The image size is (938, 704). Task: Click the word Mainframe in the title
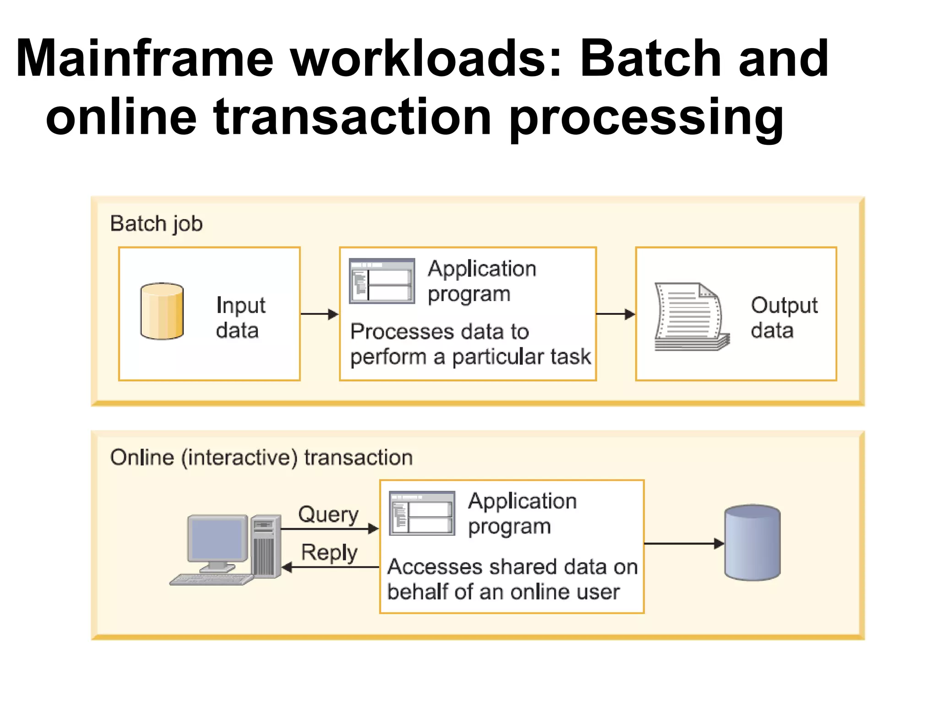[x=145, y=59]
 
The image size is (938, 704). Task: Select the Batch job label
[x=156, y=224]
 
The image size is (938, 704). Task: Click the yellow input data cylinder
[x=162, y=311]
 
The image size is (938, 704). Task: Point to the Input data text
[x=240, y=317]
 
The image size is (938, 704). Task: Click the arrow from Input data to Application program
[x=319, y=314]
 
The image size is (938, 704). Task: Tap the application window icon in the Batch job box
[x=382, y=281]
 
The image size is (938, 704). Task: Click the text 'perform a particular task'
[x=470, y=357]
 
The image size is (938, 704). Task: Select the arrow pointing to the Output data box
[x=616, y=314]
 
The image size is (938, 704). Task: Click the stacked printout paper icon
[x=691, y=317]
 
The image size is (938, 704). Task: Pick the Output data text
[x=784, y=317]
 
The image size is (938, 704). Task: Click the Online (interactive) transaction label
[x=262, y=457]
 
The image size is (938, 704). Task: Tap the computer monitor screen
[x=217, y=539]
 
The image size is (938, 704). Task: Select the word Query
[x=328, y=514]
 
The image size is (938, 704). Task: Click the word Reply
[x=329, y=552]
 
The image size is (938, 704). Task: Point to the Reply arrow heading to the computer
[x=330, y=567]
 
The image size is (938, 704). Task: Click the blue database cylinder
[x=752, y=543]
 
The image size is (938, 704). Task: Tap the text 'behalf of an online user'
[x=503, y=592]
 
